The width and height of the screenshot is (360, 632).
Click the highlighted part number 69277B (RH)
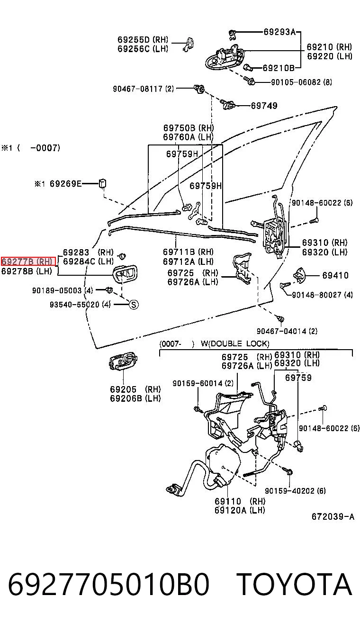(x=28, y=262)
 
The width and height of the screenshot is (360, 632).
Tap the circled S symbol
(x=134, y=305)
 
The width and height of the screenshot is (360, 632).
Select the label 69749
(x=264, y=106)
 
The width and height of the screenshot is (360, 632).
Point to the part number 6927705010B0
(x=108, y=584)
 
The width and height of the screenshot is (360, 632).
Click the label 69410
(x=335, y=275)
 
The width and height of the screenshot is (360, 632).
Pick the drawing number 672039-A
(x=333, y=516)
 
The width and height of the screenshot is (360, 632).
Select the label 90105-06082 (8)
(x=301, y=82)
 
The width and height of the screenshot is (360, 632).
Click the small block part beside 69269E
(x=102, y=184)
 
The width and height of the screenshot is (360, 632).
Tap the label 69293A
(x=279, y=32)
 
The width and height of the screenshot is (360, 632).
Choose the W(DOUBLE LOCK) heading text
(x=235, y=343)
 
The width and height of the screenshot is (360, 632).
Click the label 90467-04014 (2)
(x=287, y=331)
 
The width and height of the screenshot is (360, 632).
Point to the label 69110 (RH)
(x=240, y=501)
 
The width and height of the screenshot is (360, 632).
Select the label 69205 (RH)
(x=135, y=389)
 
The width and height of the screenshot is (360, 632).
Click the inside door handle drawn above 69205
(x=123, y=361)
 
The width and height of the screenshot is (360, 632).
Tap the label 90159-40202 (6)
(x=295, y=491)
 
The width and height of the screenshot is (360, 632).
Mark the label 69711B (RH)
(x=188, y=252)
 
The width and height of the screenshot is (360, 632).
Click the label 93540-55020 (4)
(x=80, y=305)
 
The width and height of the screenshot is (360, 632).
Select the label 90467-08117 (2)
(x=144, y=89)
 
